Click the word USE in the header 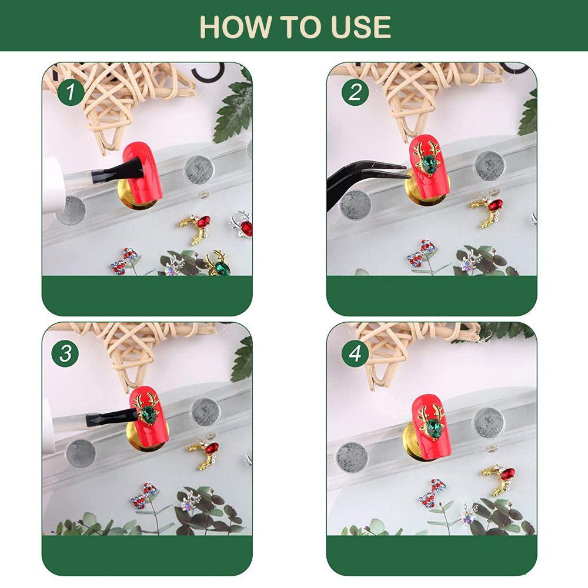click(x=364, y=26)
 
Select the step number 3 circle click(x=65, y=353)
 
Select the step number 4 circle click(x=355, y=353)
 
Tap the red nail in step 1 click(x=142, y=171)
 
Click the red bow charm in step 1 click(x=123, y=260)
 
